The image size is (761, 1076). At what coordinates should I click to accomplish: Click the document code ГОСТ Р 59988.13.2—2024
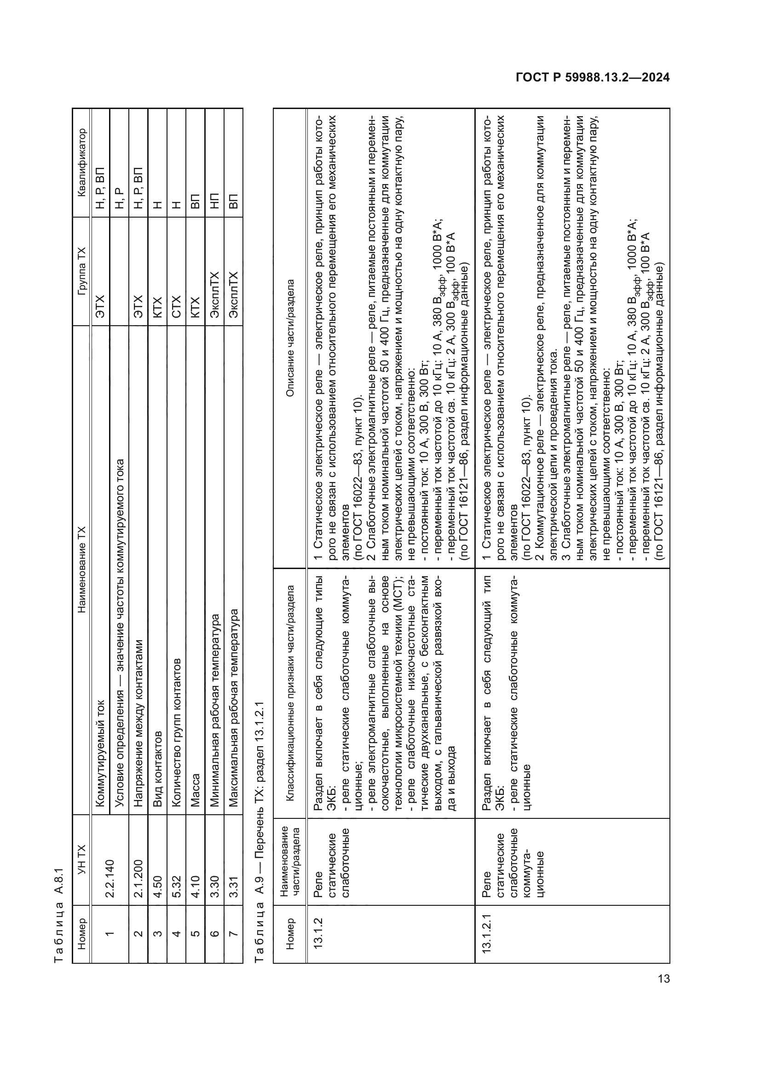pos(592,77)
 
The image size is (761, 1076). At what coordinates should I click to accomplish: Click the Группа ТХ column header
pos(82,271)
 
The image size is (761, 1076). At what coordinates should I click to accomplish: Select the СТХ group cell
pos(176,306)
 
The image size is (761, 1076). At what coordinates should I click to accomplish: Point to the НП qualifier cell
pos(214,201)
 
